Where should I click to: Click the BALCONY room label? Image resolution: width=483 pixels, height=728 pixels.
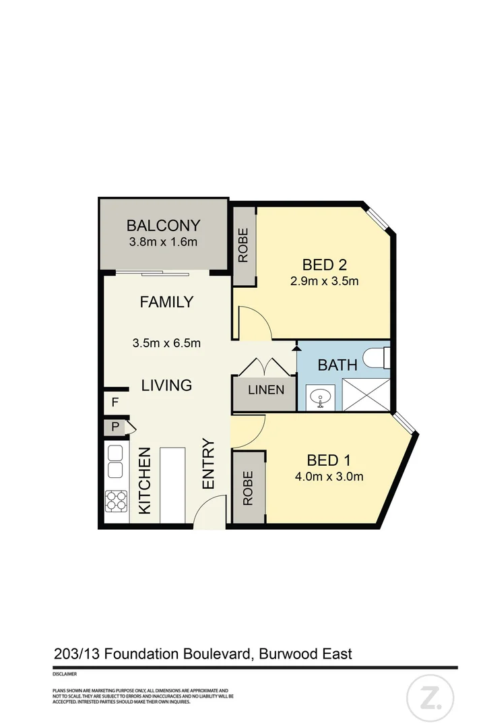tap(164, 226)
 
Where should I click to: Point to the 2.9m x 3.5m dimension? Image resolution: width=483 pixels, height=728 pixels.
tap(324, 281)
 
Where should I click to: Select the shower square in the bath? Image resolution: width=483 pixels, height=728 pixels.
tap(366, 394)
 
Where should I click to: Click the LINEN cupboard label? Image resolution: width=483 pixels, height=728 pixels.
tap(265, 390)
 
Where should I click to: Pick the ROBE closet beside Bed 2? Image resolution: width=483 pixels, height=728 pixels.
tap(243, 246)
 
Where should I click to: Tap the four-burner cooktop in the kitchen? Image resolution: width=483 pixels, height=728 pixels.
tap(116, 502)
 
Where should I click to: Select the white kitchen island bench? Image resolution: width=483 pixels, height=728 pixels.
tap(172, 483)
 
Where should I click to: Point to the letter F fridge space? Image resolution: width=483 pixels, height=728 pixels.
tap(115, 402)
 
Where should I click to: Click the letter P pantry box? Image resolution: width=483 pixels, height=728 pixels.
tap(115, 427)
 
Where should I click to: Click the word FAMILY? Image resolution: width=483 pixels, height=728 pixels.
tap(166, 302)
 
